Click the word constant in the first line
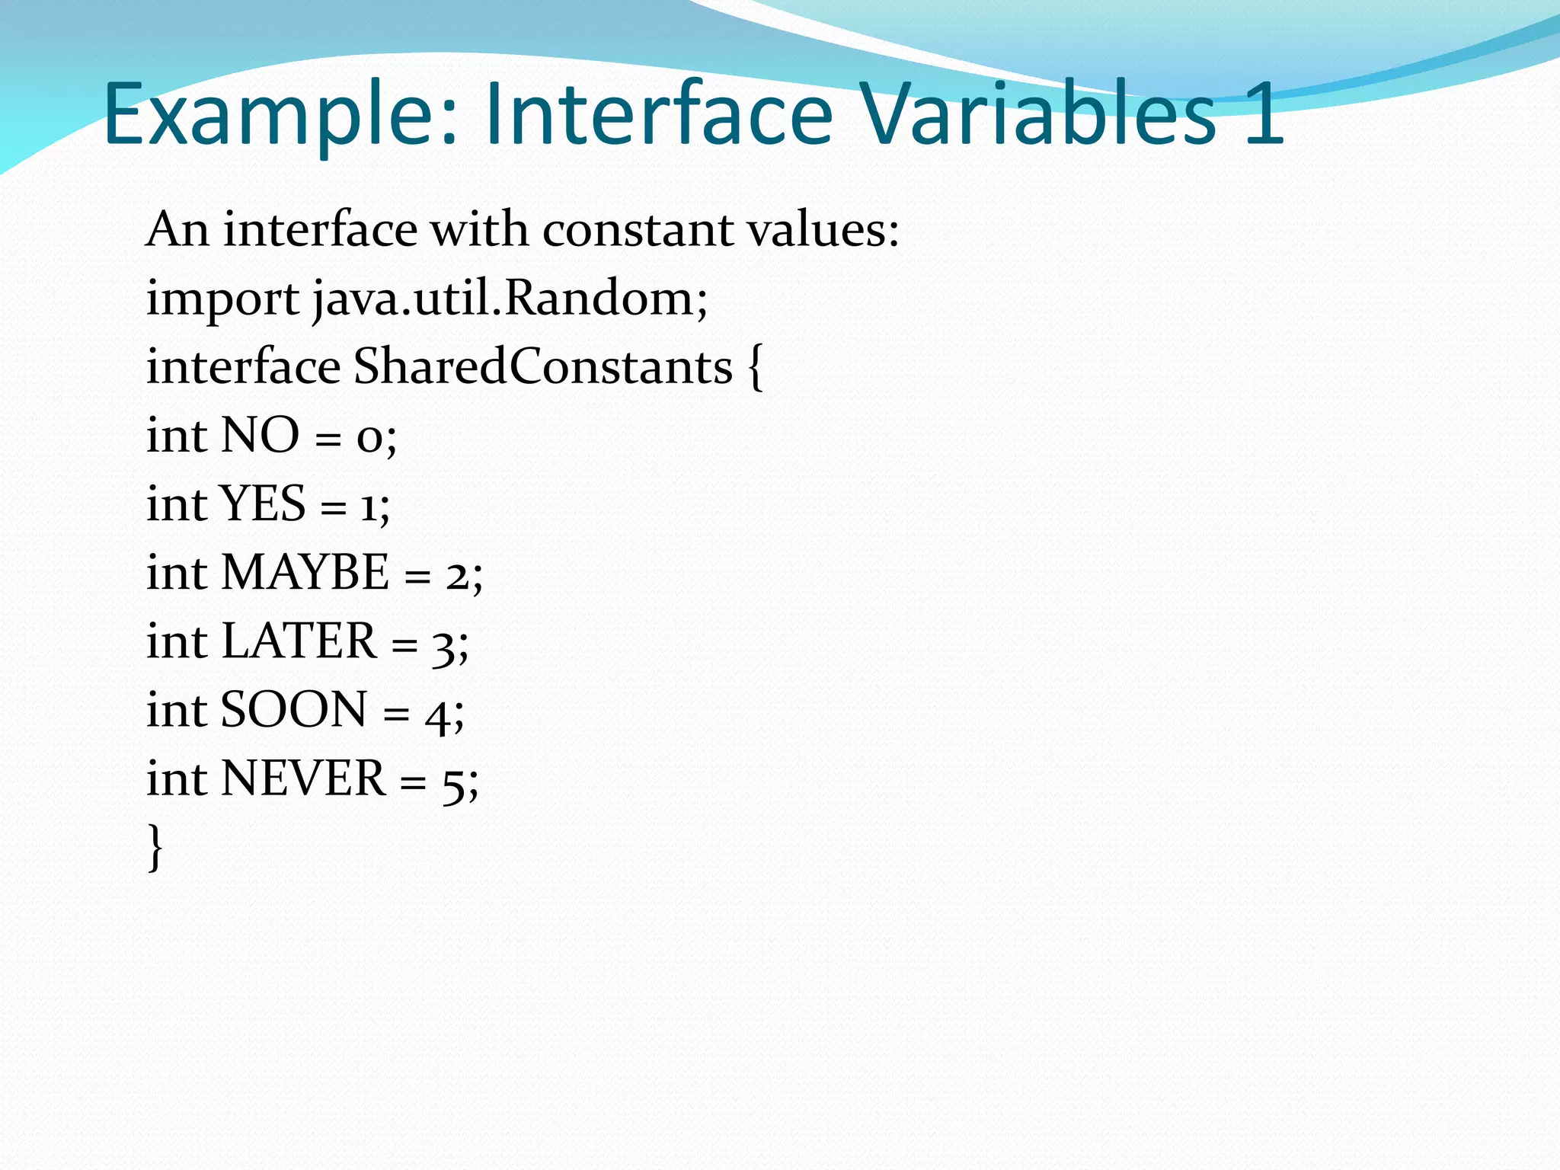click(637, 229)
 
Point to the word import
click(222, 298)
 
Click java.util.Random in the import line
click(510, 298)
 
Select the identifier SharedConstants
click(542, 366)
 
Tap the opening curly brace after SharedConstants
click(754, 368)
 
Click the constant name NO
click(260, 435)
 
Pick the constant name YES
click(263, 503)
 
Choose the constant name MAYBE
click(305, 572)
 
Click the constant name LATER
click(299, 641)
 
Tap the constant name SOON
click(294, 709)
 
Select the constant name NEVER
click(303, 778)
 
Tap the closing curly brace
click(155, 847)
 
